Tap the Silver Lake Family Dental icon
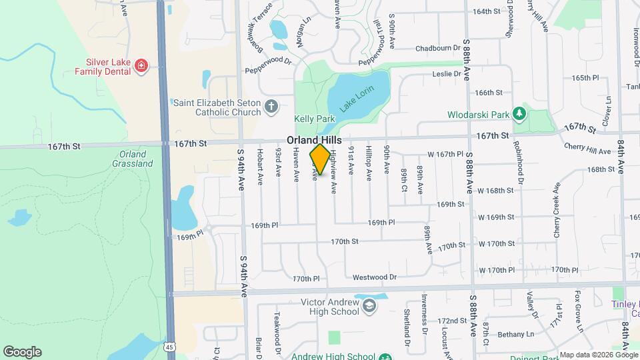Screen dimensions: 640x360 (141, 65)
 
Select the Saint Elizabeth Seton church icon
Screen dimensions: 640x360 (271, 106)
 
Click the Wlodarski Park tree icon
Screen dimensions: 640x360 (520, 115)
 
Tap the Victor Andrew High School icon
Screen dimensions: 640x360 (369, 307)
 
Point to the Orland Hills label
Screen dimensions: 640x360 (315, 141)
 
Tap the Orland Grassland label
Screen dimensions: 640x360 (133, 159)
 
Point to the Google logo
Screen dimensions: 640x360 (22, 351)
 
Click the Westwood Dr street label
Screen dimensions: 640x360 (375, 277)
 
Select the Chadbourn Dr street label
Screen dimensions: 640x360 (438, 48)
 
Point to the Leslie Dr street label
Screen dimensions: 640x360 (447, 74)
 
